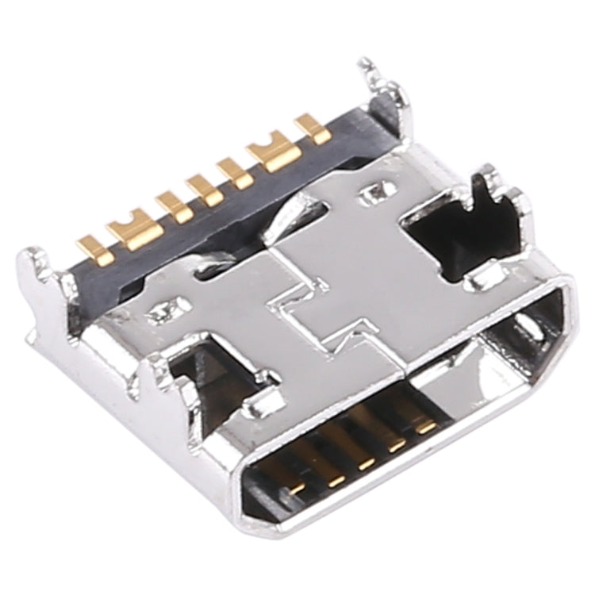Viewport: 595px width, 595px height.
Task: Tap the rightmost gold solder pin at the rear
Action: [x=313, y=130]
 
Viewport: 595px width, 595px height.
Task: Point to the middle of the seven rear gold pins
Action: [x=204, y=190]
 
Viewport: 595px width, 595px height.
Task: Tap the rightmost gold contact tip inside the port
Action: [x=427, y=427]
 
